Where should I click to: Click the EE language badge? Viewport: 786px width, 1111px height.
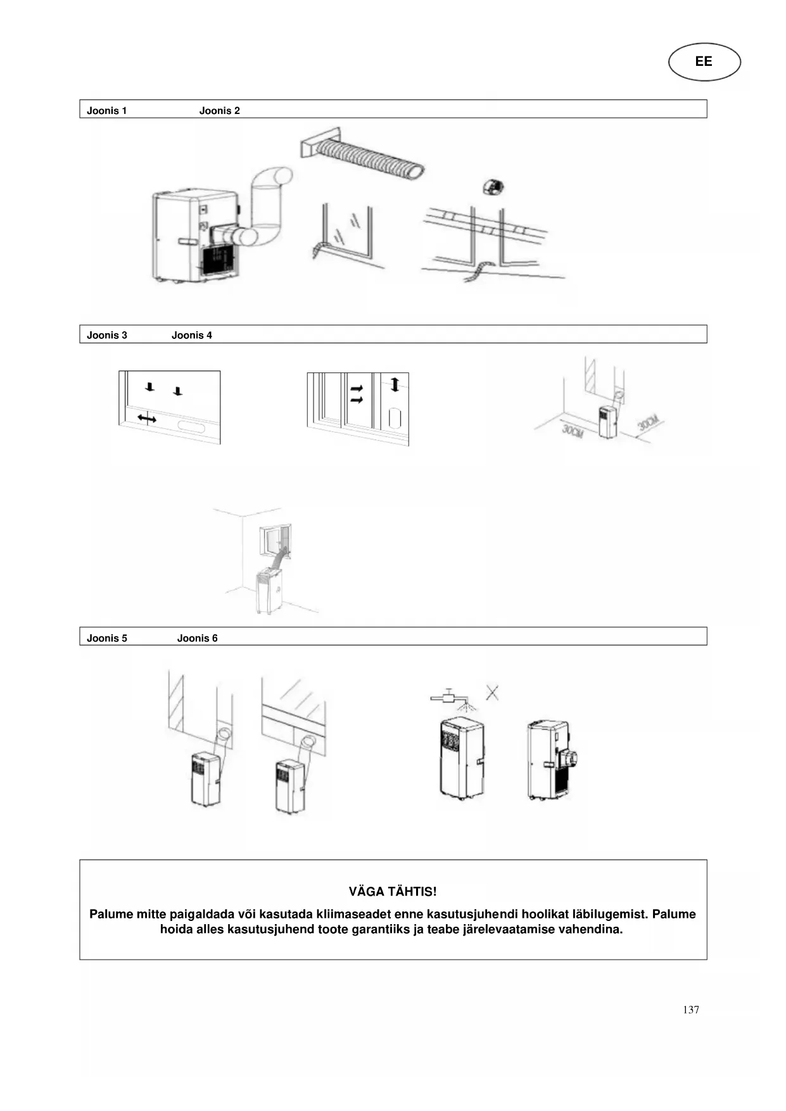(704, 61)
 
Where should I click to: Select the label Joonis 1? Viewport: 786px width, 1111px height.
(106, 111)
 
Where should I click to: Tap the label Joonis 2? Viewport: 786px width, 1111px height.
(219, 111)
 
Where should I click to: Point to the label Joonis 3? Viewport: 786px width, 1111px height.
(106, 335)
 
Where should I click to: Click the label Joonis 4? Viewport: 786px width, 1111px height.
(191, 335)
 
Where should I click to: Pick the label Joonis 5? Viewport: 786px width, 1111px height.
(106, 638)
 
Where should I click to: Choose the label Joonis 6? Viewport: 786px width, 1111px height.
(197, 638)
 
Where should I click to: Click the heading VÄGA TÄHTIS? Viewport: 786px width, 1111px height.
(393, 891)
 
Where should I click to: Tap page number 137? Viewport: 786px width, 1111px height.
(690, 1010)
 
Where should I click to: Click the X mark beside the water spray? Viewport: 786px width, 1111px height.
(492, 692)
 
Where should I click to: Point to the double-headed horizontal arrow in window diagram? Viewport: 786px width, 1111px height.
(147, 418)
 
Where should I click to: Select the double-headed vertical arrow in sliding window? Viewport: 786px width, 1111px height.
(395, 384)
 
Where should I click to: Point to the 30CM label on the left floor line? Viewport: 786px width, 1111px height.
(572, 432)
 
